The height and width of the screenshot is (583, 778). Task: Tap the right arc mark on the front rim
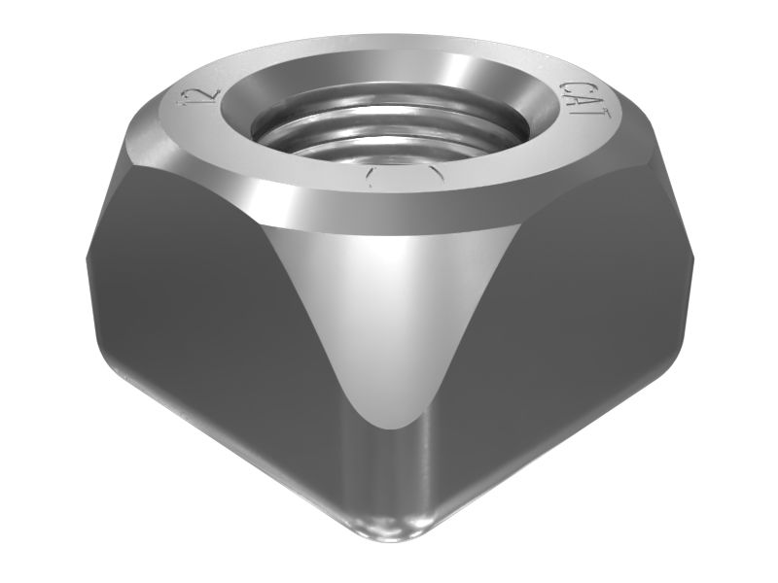(x=432, y=177)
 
